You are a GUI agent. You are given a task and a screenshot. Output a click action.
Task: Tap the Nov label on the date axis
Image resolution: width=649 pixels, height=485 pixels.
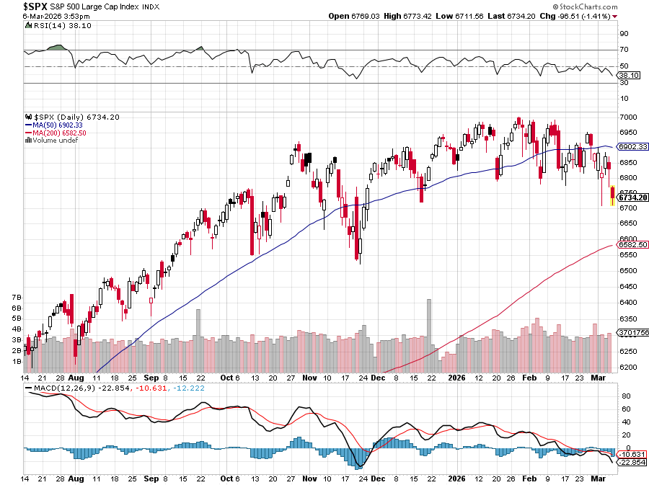click(310, 377)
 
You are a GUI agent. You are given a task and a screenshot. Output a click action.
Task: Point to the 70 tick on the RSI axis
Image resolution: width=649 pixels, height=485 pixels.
click(623, 50)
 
